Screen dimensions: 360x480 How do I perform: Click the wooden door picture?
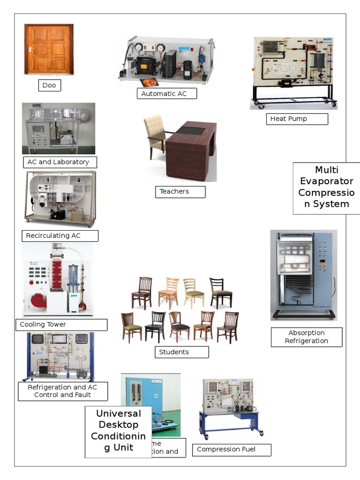[49, 49]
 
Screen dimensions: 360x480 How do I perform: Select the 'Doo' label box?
[49, 85]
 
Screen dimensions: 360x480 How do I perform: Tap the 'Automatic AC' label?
[166, 94]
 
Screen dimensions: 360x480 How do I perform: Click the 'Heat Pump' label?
[297, 119]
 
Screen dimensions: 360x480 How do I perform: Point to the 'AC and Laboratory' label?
[60, 162]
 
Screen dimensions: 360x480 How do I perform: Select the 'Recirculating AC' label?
[60, 236]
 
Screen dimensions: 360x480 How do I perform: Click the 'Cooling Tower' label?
[63, 325]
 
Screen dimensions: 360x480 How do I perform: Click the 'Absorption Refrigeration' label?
[307, 337]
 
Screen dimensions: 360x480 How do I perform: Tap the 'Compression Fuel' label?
[231, 450]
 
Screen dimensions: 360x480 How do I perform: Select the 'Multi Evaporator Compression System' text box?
[326, 187]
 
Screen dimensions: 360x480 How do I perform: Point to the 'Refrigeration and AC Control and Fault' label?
[63, 391]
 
